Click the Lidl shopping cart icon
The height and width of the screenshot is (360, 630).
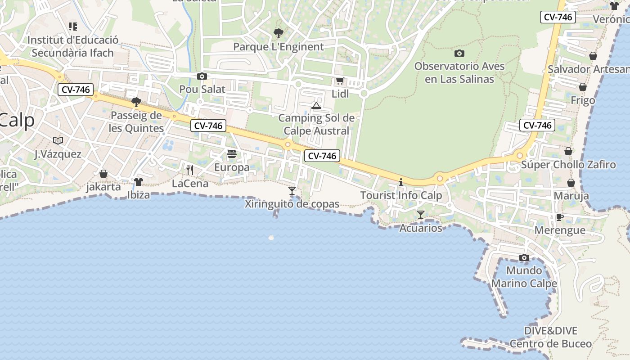tap(340, 81)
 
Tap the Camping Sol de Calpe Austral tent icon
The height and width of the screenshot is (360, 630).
tap(316, 106)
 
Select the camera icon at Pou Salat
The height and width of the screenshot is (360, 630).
tap(202, 76)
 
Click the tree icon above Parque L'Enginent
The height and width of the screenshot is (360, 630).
tap(279, 33)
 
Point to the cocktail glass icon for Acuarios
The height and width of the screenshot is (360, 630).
tap(421, 215)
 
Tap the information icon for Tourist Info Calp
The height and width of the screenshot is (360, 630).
tap(401, 182)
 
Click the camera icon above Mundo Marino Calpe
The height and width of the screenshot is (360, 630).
tap(524, 257)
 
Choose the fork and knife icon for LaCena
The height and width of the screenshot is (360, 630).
tap(190, 170)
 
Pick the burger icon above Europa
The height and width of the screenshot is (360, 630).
tap(232, 154)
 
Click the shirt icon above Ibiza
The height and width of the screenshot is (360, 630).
tap(138, 182)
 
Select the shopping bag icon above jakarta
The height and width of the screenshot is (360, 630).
tap(103, 174)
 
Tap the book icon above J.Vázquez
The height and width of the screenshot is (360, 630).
tap(58, 141)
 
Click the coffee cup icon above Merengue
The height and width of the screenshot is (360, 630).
tap(559, 217)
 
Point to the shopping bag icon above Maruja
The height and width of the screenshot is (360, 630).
tap(571, 183)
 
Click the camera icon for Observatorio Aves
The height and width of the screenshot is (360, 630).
tap(459, 53)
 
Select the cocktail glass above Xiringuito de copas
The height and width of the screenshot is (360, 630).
tap(292, 191)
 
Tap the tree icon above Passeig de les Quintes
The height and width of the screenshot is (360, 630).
tap(136, 102)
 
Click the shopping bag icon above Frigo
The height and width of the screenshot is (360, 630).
tap(583, 87)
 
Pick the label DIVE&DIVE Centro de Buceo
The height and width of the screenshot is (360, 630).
tap(551, 337)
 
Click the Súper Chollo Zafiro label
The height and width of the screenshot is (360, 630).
tap(568, 165)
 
